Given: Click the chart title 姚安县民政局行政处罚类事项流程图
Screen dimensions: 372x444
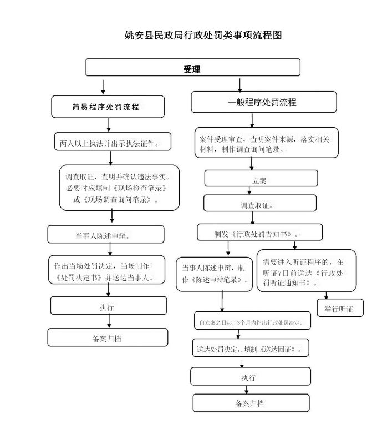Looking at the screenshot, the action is (x=203, y=35).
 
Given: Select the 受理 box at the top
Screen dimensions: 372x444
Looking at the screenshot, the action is (x=192, y=67).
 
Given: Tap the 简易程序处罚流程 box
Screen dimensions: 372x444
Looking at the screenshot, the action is (x=108, y=107).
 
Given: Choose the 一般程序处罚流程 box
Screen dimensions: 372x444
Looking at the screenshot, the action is (x=264, y=102).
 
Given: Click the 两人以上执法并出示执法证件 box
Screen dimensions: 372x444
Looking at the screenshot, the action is (x=113, y=142).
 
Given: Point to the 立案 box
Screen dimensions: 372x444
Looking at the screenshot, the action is (x=261, y=178).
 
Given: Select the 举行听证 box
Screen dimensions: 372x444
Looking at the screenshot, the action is (x=340, y=308).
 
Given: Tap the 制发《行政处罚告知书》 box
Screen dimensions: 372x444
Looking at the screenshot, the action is (x=259, y=232).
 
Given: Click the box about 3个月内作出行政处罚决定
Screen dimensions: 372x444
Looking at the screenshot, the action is (x=252, y=321).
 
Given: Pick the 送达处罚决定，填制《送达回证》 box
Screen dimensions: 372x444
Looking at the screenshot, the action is (x=251, y=348).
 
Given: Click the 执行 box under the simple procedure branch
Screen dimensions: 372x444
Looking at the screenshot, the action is (x=109, y=306).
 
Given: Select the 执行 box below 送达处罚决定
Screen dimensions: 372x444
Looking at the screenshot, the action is (x=251, y=376).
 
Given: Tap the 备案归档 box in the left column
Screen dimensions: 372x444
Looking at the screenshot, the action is (x=108, y=337).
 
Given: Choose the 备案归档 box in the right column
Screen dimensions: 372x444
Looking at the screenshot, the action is (x=251, y=403).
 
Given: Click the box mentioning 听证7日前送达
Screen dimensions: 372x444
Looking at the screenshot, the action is (x=307, y=271).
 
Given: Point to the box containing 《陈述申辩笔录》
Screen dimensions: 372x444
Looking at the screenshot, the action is (x=214, y=274).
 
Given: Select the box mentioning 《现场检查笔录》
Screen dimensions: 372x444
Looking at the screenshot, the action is (x=119, y=188).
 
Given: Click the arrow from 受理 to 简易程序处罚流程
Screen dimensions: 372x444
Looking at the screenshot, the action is (x=103, y=87).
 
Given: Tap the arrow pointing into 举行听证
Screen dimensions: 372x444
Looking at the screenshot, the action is (x=326, y=296).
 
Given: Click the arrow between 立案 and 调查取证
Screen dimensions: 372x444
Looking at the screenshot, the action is (x=249, y=190).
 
